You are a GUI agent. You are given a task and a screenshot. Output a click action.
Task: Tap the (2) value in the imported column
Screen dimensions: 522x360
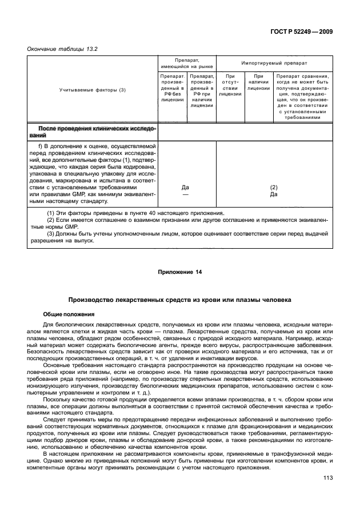pyautogui.click(x=274, y=187)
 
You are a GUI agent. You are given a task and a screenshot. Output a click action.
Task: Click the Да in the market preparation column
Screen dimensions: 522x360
pyautogui.click(x=185, y=187)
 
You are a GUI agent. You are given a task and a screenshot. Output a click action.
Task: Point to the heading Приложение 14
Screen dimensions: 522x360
pyautogui.click(x=179, y=272)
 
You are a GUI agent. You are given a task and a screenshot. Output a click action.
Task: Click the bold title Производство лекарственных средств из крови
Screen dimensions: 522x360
pyautogui.click(x=179, y=299)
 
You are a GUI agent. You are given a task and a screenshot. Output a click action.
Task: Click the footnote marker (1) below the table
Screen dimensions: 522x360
pyautogui.click(x=50, y=213)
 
